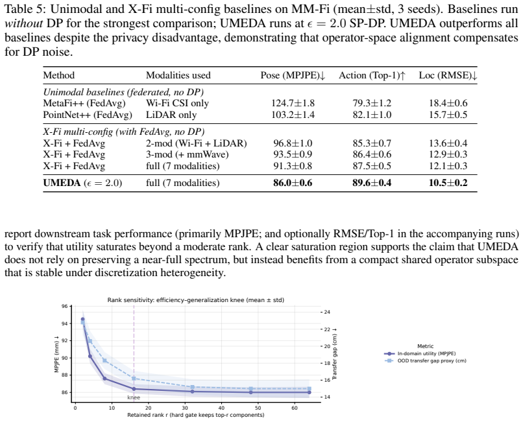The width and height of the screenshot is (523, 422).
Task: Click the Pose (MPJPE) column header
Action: click(293, 75)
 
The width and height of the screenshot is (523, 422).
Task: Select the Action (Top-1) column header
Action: click(372, 75)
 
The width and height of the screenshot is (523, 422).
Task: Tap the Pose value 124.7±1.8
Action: click(293, 103)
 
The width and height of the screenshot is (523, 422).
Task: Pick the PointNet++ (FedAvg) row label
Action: click(88, 115)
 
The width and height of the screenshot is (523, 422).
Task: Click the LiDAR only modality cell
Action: click(171, 115)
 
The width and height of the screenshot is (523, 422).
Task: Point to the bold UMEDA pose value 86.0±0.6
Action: click(293, 183)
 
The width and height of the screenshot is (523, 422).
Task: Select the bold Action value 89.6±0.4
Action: click(372, 183)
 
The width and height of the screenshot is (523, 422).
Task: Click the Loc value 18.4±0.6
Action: click(448, 103)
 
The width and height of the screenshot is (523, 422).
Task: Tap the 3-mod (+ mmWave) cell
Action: click(187, 154)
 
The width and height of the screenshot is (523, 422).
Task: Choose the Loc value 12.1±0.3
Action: click(448, 166)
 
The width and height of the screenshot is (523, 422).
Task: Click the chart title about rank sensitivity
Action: click(196, 300)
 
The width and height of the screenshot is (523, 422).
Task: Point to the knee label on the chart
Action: click(134, 397)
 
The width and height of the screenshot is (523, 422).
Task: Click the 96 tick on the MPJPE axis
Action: click(64, 307)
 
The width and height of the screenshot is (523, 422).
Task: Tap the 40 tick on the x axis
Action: click(221, 408)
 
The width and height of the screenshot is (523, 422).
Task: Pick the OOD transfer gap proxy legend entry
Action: click(425, 360)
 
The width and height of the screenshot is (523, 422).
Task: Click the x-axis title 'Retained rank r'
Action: click(196, 415)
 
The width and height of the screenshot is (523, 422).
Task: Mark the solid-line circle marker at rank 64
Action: click(310, 392)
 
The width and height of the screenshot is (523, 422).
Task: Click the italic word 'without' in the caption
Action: click(23, 23)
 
